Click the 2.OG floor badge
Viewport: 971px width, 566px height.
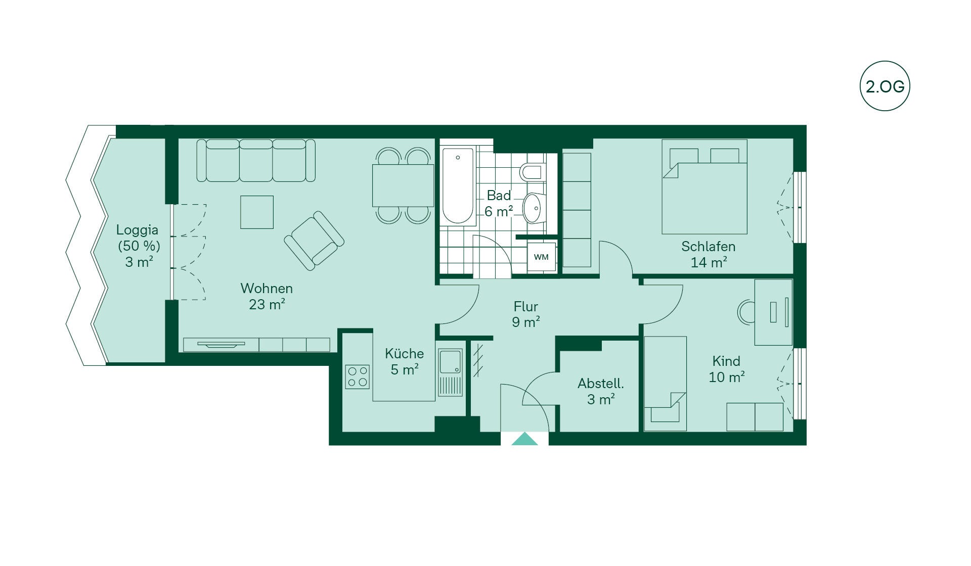885,86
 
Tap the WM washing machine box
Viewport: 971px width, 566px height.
541,257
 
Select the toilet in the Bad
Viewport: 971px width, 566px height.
532,172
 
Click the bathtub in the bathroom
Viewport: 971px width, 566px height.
458,185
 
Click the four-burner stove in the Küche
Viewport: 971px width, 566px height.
358,377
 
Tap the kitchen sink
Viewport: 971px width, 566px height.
450,372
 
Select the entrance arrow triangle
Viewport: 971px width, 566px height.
525,439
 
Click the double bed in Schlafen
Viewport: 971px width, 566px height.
704,187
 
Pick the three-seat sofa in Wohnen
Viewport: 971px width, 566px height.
256,160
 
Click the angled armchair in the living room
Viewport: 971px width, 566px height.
314,240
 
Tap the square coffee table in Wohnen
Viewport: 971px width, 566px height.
257,212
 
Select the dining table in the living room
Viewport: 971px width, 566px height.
403,185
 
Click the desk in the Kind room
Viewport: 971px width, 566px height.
773,312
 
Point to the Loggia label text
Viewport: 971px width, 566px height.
137,230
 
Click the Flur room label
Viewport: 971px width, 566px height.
526,306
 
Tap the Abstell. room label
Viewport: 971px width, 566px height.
601,384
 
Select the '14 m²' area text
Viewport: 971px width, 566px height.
709,262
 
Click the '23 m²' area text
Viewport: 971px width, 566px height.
267,304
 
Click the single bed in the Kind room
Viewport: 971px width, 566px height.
665,384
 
